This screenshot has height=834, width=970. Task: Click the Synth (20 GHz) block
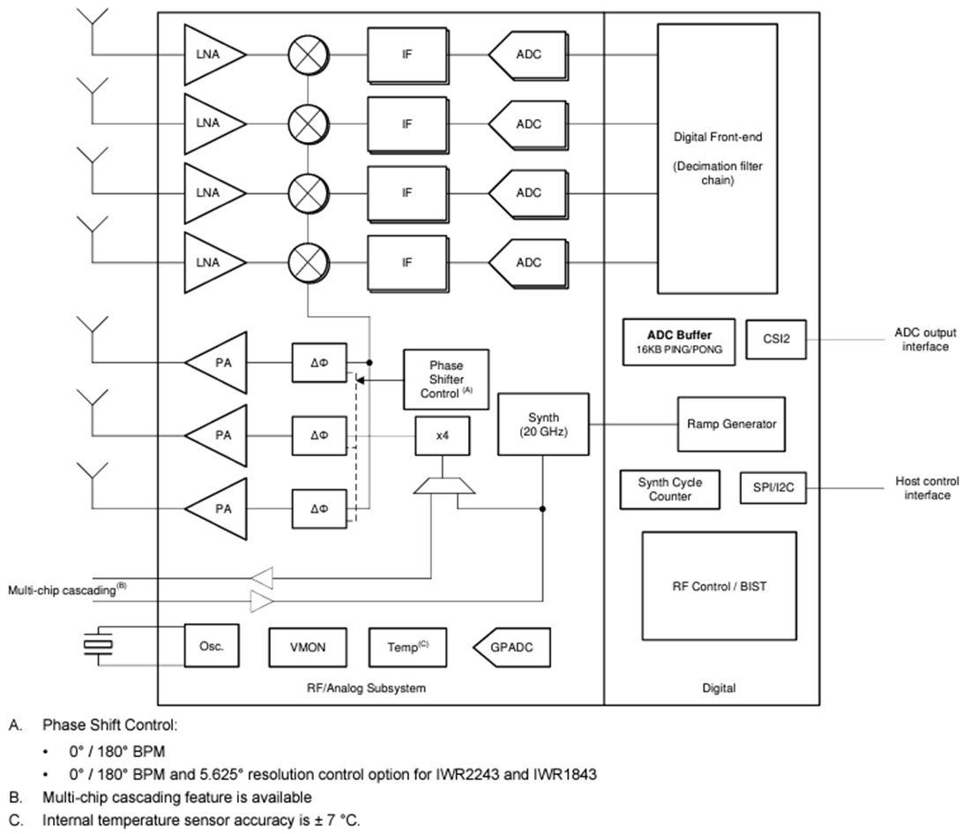pos(543,425)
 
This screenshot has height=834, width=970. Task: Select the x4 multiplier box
pos(442,437)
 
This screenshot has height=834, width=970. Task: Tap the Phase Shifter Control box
pos(446,379)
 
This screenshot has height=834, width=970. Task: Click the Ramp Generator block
pos(731,425)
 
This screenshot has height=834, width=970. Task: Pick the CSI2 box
pos(776,340)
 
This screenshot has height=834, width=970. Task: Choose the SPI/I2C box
pos(773,488)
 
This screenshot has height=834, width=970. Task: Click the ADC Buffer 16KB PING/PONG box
pos(679,341)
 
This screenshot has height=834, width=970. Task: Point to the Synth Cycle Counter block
pos(670,489)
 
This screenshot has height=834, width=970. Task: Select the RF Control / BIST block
pos(719,586)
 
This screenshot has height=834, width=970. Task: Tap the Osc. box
pos(212,647)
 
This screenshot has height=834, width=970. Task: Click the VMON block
pos(308,648)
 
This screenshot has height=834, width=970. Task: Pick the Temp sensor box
pos(407,648)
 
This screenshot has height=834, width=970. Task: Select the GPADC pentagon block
pos(511,648)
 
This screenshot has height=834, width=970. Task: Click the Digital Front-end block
pos(716,159)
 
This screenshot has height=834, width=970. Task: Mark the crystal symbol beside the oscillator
pos(97,647)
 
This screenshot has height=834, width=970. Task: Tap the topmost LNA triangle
pos(212,55)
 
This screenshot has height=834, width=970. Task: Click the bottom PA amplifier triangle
pos(217,509)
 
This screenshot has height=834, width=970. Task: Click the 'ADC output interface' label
pos(925,341)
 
